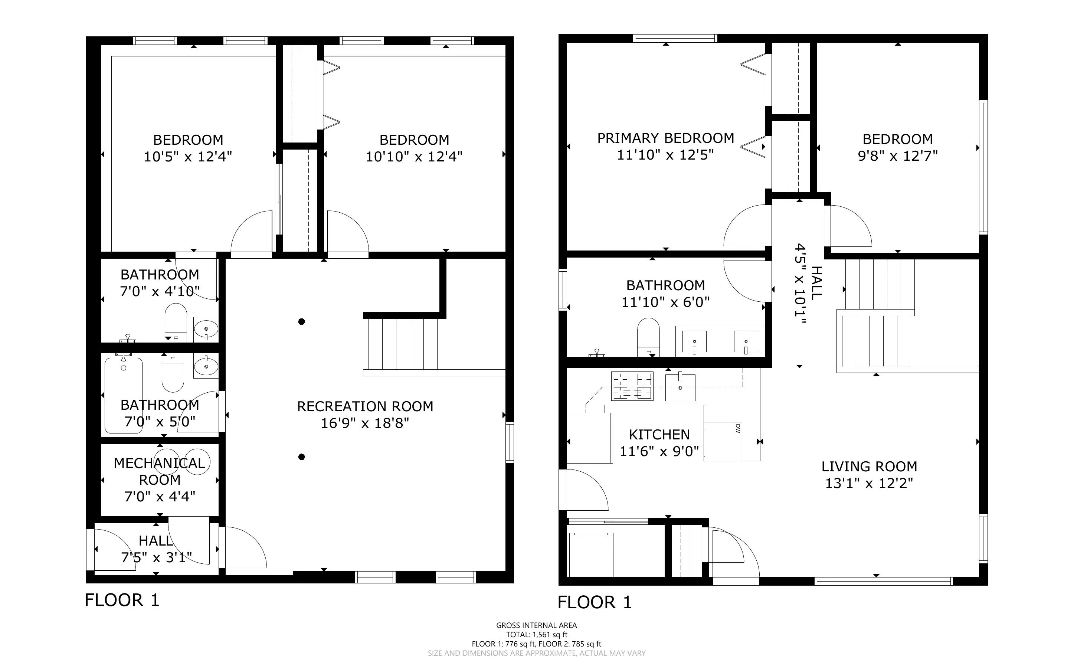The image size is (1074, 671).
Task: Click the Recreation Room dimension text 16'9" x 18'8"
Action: point(365,423)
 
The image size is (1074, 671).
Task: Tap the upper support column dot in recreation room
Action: point(301,322)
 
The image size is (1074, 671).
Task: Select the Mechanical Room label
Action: point(159,471)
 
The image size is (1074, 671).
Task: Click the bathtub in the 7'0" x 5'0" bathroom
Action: point(124,395)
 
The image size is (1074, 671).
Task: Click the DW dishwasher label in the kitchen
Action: point(738,428)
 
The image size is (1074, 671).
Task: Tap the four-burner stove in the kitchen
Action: point(632,386)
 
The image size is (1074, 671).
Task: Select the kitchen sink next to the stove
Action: point(680,387)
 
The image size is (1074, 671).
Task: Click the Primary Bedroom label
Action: point(665,138)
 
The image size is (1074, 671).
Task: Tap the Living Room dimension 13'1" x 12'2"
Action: point(869,483)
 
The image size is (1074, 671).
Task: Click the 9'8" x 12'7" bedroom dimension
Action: point(897,156)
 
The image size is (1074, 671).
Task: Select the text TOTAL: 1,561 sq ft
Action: point(536,635)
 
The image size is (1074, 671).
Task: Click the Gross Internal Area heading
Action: point(536,625)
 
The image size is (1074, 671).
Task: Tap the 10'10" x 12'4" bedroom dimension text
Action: point(414,156)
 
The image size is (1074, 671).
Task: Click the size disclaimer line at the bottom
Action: point(536,653)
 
